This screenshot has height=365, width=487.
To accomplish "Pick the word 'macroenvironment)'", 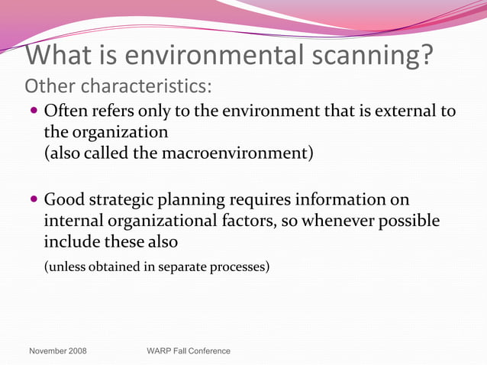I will click(x=237, y=152).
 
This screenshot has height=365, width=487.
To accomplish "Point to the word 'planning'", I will click(x=208, y=200).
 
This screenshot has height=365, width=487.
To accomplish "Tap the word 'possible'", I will click(x=408, y=221).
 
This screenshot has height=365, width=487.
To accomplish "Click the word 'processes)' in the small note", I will click(x=241, y=267).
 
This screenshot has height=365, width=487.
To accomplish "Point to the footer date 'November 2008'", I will click(x=57, y=351).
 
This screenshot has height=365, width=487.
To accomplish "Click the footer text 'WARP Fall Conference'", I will click(x=188, y=351).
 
